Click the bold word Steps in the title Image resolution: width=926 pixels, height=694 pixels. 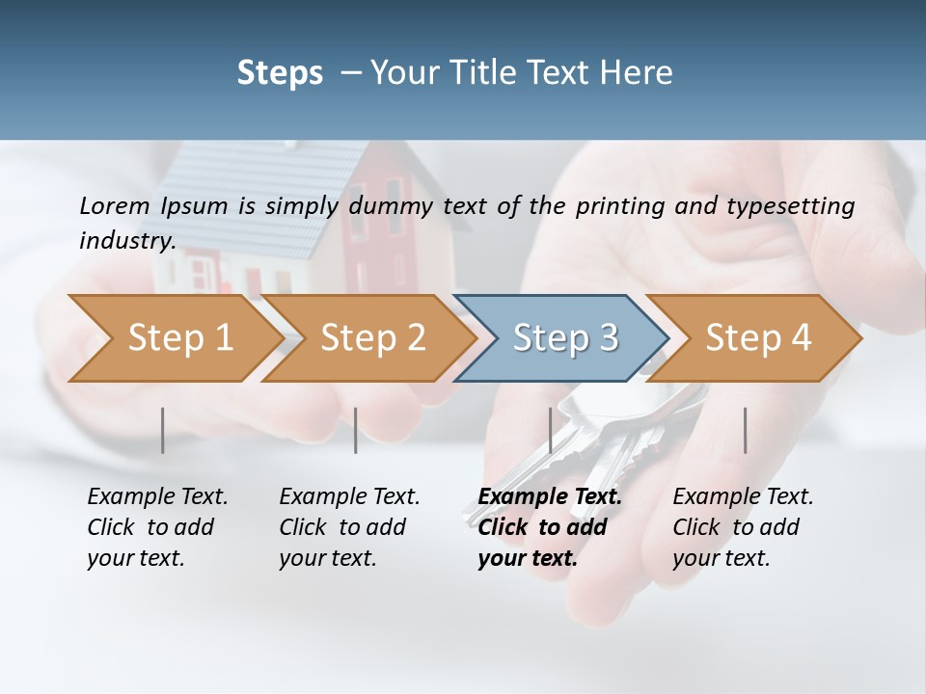click(280, 72)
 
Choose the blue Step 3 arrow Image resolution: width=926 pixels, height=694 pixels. click(564, 338)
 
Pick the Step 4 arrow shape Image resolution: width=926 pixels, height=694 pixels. click(757, 338)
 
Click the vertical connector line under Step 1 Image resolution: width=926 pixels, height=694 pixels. click(163, 430)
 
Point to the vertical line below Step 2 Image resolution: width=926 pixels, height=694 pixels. click(356, 430)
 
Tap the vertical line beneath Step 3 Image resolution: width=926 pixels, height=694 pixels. click(551, 430)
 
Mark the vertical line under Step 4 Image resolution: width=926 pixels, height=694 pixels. click(746, 430)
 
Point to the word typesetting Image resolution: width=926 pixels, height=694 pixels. click(792, 206)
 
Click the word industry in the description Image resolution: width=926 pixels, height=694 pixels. click(126, 241)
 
